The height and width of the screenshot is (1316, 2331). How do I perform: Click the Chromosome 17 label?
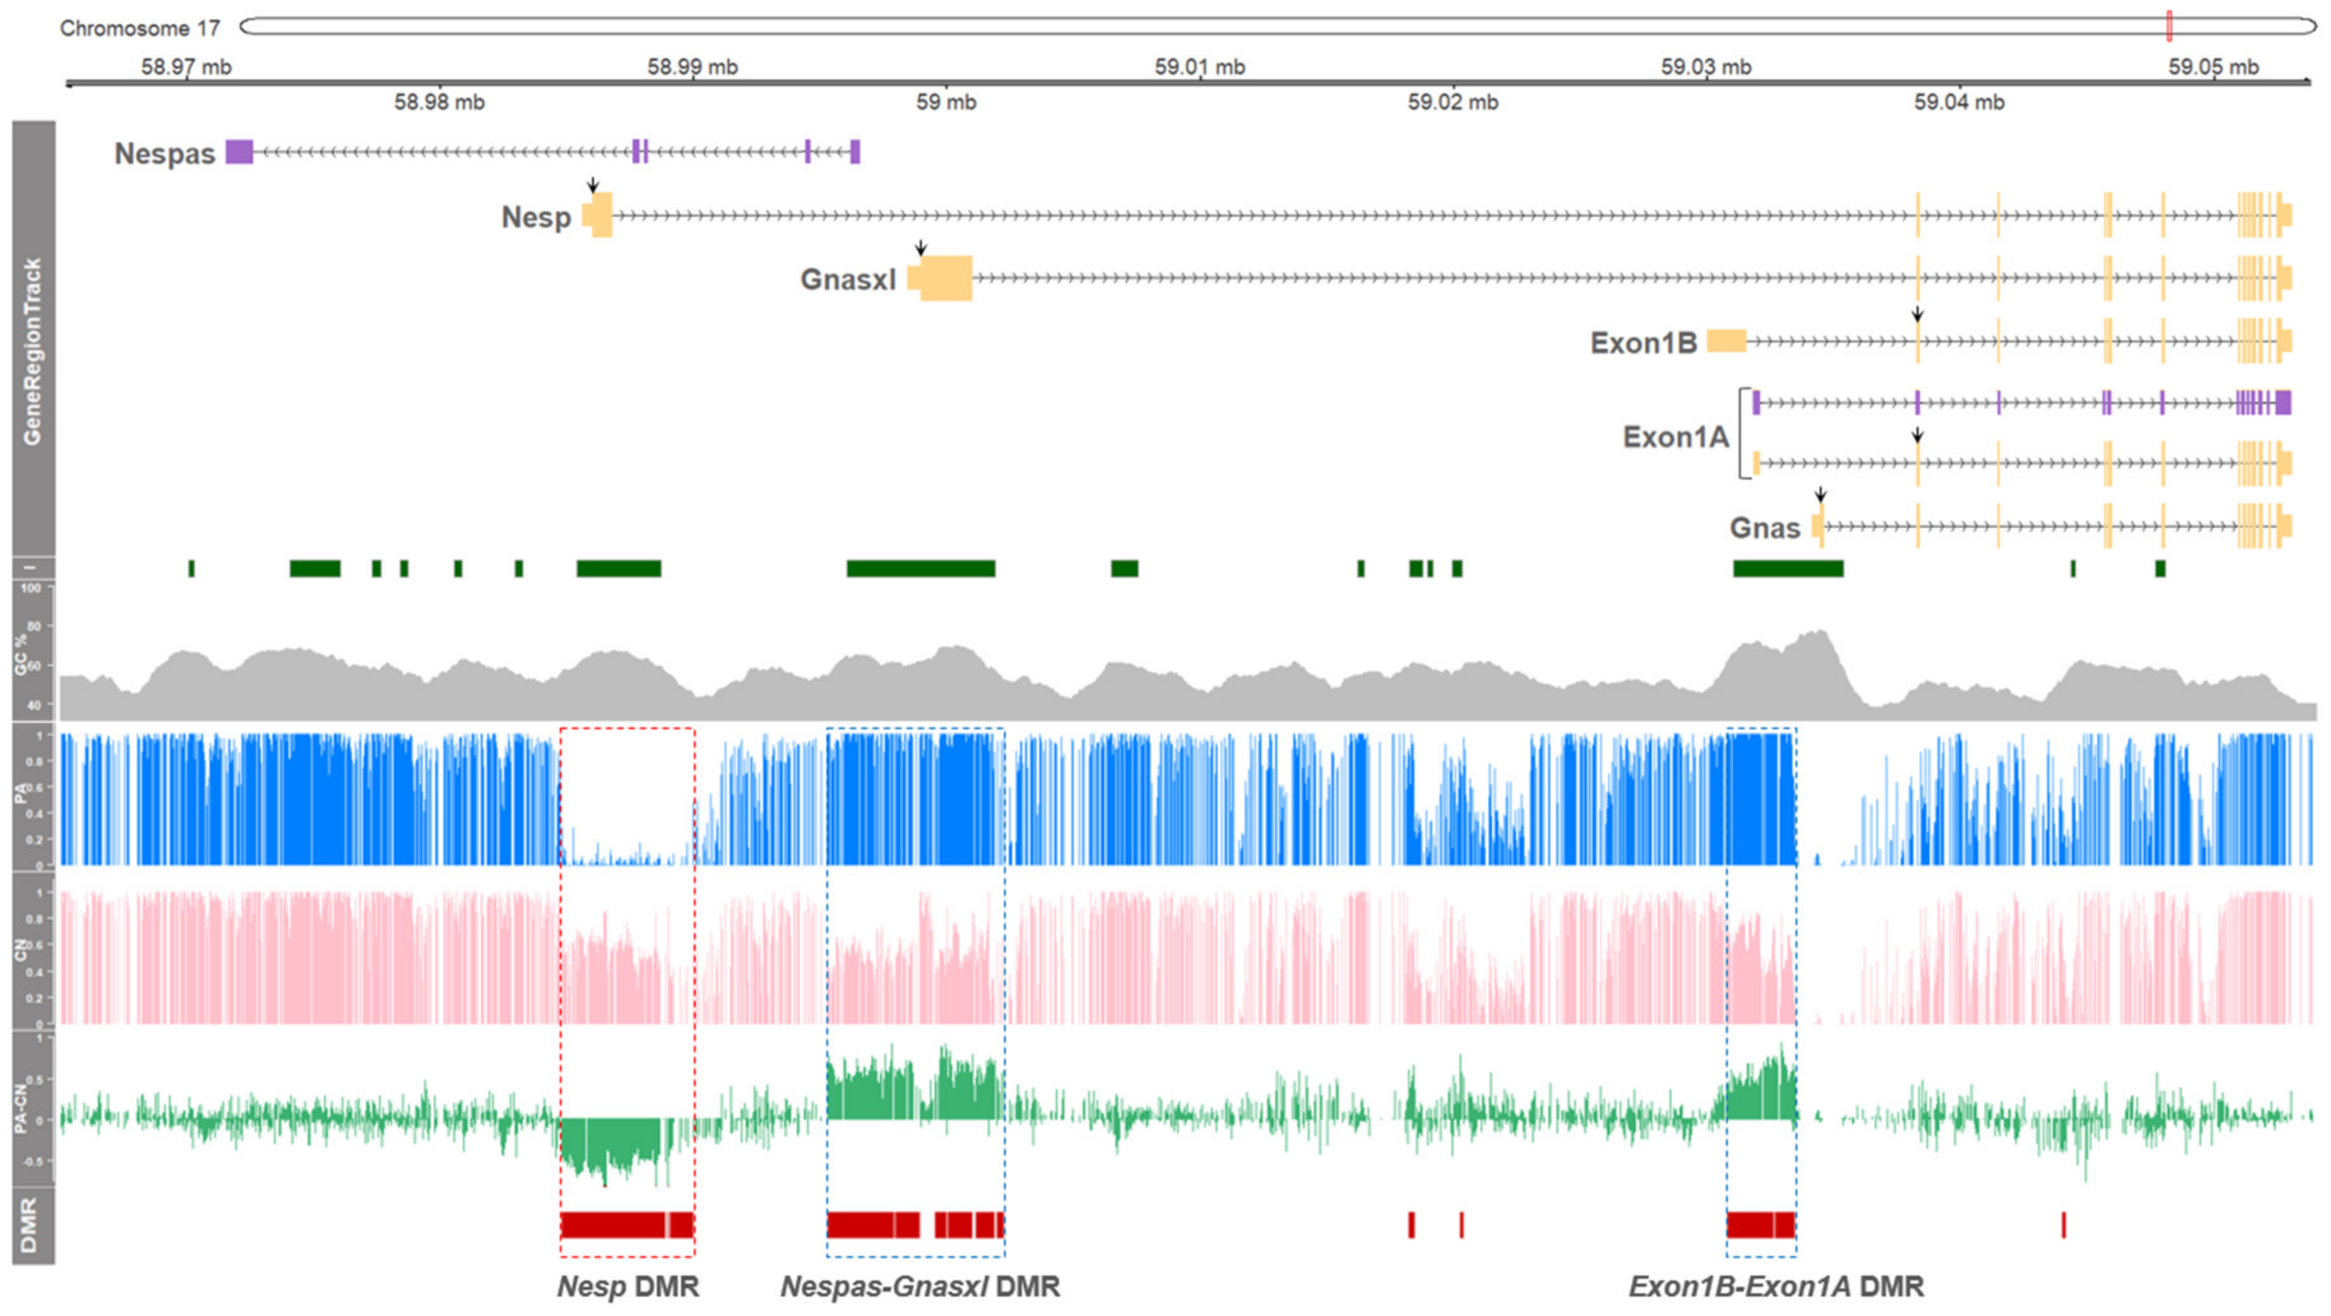140,28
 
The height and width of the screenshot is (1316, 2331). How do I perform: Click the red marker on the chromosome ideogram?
2169,26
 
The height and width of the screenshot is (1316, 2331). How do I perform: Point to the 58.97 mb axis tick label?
186,66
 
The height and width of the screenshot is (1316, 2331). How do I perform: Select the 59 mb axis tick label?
946,102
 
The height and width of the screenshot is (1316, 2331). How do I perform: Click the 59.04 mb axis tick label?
1959,102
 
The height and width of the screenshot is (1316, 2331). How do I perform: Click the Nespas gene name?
164,154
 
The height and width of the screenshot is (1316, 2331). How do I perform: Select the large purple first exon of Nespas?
239,151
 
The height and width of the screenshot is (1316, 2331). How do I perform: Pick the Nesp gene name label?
536,217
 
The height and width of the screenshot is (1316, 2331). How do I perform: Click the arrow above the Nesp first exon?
593,185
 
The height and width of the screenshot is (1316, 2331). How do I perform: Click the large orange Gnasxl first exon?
946,278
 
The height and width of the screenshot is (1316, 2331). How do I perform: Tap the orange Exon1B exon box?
1727,341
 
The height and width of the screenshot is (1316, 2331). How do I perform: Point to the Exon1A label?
1675,437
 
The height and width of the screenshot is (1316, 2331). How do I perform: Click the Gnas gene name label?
1765,528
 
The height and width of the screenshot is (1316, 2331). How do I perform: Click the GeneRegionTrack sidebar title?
33,351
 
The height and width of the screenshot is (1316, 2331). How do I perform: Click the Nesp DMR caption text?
628,1286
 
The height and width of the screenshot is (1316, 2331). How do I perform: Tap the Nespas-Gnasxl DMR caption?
919,1286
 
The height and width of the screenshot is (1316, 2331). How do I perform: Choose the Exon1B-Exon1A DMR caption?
1776,1286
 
